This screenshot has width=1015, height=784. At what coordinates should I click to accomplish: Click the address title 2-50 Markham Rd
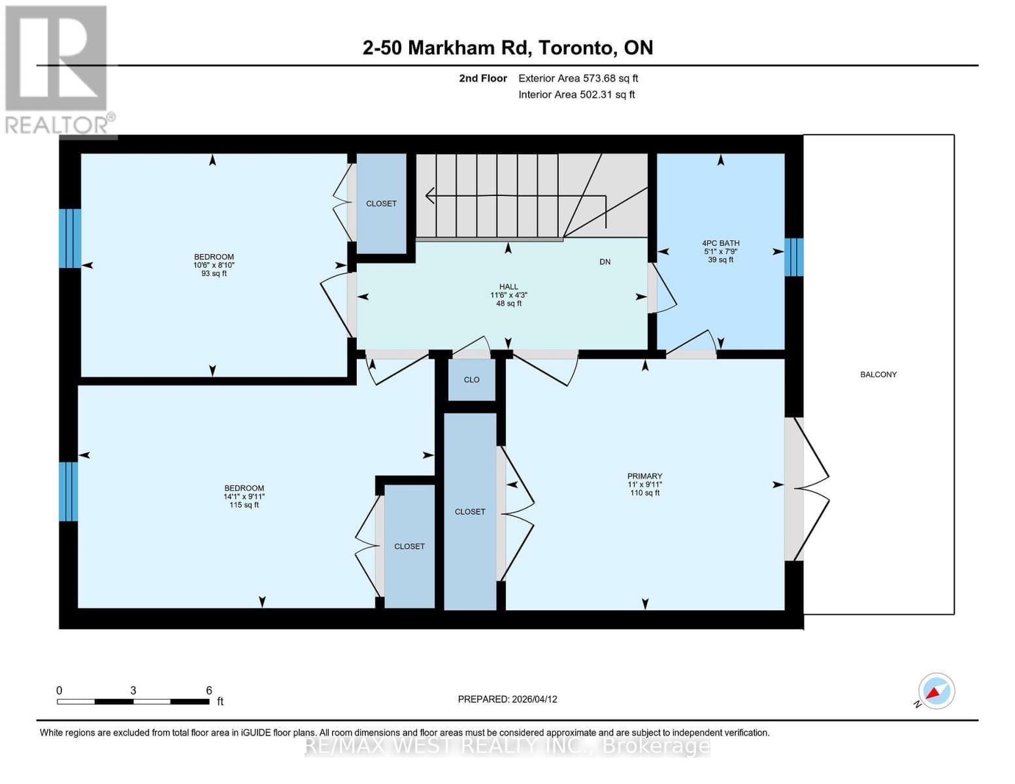[x=507, y=48]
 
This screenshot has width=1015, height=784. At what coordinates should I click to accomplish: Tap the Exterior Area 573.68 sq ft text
[x=578, y=78]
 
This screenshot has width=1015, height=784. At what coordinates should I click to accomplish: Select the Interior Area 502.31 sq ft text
[x=576, y=95]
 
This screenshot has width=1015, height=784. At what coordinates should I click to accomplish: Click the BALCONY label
[x=878, y=374]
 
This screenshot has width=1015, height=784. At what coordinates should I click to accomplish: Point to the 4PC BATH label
[x=720, y=243]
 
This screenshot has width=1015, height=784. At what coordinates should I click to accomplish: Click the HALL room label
[x=508, y=287]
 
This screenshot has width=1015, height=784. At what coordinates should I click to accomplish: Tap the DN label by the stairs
[x=605, y=262]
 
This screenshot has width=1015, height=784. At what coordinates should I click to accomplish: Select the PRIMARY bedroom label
[x=644, y=476]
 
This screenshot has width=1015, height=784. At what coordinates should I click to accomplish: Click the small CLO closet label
[x=471, y=380]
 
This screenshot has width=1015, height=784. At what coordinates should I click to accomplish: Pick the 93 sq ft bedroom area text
[x=214, y=274]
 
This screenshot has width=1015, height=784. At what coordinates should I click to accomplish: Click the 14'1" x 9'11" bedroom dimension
[x=244, y=497]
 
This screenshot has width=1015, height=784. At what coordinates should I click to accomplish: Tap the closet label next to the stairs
[x=381, y=204]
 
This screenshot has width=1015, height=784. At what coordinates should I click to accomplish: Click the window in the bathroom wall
[x=793, y=257]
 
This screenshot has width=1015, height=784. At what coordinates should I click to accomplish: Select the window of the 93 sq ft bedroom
[x=70, y=238]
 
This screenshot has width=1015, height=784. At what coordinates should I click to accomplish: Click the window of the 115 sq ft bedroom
[x=69, y=491]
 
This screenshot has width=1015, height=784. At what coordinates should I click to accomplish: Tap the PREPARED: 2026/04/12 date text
[x=507, y=699]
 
